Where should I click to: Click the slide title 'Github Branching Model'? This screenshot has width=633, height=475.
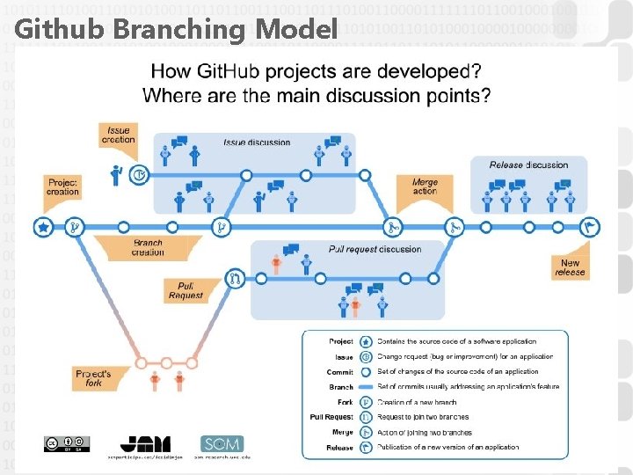(x=176, y=30)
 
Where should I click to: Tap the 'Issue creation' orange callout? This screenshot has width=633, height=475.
(x=118, y=135)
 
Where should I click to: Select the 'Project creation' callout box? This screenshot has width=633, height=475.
(x=63, y=186)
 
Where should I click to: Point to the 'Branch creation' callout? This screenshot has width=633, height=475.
(x=147, y=247)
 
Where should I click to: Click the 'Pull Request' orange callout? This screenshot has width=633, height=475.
(x=186, y=290)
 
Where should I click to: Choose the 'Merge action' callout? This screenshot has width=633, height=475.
(x=425, y=186)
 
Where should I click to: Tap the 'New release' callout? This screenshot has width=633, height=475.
(x=570, y=267)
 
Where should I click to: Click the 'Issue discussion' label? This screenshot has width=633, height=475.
(x=257, y=142)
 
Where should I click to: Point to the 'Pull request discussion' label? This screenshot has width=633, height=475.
(x=375, y=249)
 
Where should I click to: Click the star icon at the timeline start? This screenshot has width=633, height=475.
(x=42, y=227)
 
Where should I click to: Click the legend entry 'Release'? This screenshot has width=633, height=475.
(x=340, y=448)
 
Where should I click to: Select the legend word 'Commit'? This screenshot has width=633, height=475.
(x=340, y=371)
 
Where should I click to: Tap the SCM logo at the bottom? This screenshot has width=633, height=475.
(x=222, y=444)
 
